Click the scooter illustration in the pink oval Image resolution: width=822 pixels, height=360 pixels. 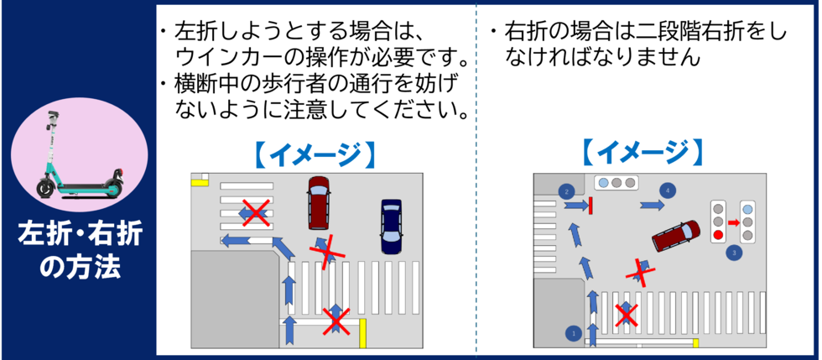[77, 159]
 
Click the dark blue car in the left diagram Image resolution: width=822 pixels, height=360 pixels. [391, 227]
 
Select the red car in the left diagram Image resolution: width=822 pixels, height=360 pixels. [319, 202]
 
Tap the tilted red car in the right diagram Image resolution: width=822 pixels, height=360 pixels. [676, 235]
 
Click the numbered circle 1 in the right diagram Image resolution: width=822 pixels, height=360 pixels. [574, 333]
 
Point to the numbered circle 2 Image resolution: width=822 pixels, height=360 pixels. [567, 191]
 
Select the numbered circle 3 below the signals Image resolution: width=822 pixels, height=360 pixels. [735, 252]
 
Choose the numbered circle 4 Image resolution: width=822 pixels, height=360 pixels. [668, 190]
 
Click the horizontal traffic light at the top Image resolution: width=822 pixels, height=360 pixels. [615, 182]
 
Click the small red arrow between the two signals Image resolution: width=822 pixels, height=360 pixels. [732, 222]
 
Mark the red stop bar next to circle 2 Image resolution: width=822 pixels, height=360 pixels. [591, 205]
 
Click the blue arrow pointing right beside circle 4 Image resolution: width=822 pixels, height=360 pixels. [652, 205]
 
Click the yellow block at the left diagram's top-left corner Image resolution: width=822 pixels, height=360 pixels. [200, 180]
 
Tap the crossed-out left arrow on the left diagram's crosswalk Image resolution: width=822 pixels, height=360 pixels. [254, 213]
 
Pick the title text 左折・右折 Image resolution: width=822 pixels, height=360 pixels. [79, 237]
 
